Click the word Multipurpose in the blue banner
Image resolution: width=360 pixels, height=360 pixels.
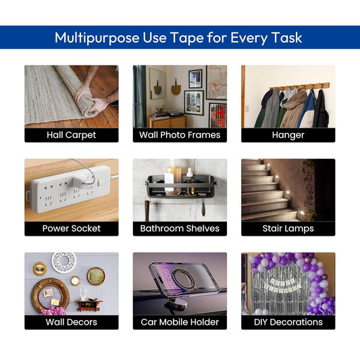(x=97, y=38)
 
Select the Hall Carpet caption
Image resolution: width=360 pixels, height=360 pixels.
(x=72, y=135)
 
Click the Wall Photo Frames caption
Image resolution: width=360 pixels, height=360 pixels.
(x=180, y=135)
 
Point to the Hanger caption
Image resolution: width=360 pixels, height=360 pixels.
(x=288, y=135)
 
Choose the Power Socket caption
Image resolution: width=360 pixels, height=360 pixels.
(x=72, y=228)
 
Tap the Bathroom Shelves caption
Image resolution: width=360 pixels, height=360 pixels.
(x=180, y=228)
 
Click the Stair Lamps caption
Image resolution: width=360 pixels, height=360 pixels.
(x=288, y=229)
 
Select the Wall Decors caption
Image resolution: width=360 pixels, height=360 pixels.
(x=72, y=322)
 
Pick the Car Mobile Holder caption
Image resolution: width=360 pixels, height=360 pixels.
(x=180, y=322)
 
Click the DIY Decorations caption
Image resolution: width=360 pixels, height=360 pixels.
(x=288, y=322)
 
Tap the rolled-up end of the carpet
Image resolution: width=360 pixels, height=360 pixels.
(x=86, y=105)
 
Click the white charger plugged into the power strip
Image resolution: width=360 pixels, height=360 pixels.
(x=80, y=182)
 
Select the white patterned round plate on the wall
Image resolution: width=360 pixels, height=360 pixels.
(x=63, y=262)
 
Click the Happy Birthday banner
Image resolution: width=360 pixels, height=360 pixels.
(x=282, y=286)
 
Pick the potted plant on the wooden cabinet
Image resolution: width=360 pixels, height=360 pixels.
(x=160, y=108)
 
